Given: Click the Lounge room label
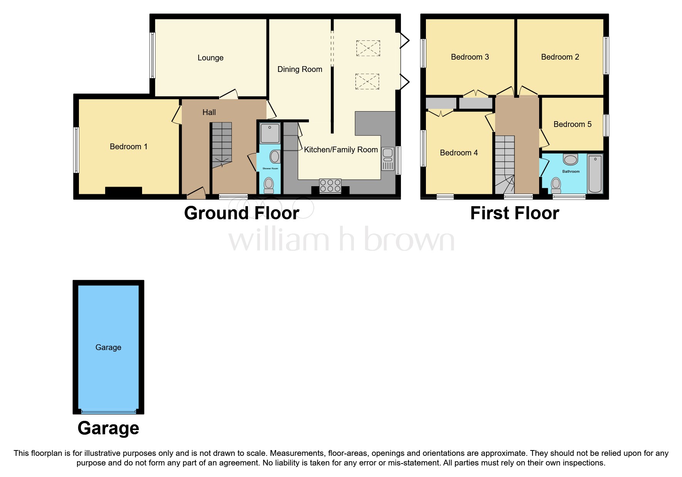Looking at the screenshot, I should pos(210,58).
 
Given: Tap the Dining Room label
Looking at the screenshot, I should pos(300,69).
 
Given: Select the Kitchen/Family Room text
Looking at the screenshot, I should pos(341,150).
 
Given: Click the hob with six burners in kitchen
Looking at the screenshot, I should pos(330,186).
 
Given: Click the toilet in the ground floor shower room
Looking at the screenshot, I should pos(269,185).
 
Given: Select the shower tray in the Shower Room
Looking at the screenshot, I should pos(270,133).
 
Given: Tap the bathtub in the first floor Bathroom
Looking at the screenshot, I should pos(595,174).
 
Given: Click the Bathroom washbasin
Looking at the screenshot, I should pos(570,159).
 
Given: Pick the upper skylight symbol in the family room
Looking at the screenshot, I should pos(368,48).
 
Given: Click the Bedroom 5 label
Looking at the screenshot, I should pos(572,124).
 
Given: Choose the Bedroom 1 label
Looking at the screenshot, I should pos(129,147).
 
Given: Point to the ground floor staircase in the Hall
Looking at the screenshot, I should pos(222,144).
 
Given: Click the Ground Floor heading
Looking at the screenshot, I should pos(241,213).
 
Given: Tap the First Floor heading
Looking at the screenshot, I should pos(514,213).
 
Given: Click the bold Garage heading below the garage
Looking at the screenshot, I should pos(108,428).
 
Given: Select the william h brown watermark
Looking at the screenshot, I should pos(341,240).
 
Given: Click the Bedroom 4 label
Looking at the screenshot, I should pos(459,153).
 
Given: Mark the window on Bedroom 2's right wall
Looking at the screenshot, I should pos(606,55).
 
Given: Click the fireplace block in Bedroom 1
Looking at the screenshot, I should pos(124,191).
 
